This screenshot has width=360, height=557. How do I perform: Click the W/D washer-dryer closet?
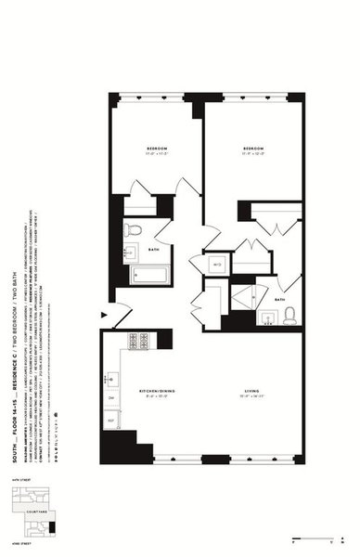pyautogui.click(x=216, y=264)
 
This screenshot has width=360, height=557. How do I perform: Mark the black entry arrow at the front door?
pyautogui.click(x=105, y=320)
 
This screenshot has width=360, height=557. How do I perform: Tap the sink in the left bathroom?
pyautogui.click(x=132, y=251)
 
